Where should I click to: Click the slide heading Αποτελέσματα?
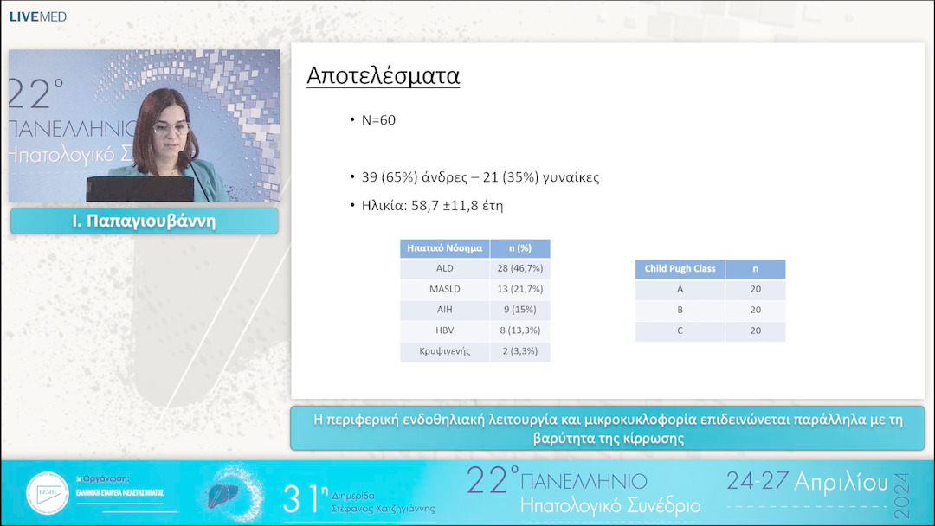click(383, 76)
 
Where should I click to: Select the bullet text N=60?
click(378, 120)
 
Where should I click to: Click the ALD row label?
click(444, 269)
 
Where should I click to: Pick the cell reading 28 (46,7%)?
click(519, 269)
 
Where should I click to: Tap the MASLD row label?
click(444, 289)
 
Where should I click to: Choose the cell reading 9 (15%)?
click(519, 310)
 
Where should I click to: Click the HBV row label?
click(444, 330)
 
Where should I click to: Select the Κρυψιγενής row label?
click(444, 351)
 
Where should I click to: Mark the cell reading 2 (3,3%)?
click(519, 351)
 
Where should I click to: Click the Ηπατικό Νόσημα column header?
click(444, 248)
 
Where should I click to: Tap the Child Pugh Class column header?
click(680, 269)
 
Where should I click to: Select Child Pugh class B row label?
click(680, 310)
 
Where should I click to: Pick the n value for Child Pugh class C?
click(755, 330)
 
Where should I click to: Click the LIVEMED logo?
click(37, 16)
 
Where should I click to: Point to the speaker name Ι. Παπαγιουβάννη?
click(144, 221)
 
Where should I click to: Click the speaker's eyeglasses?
click(171, 129)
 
